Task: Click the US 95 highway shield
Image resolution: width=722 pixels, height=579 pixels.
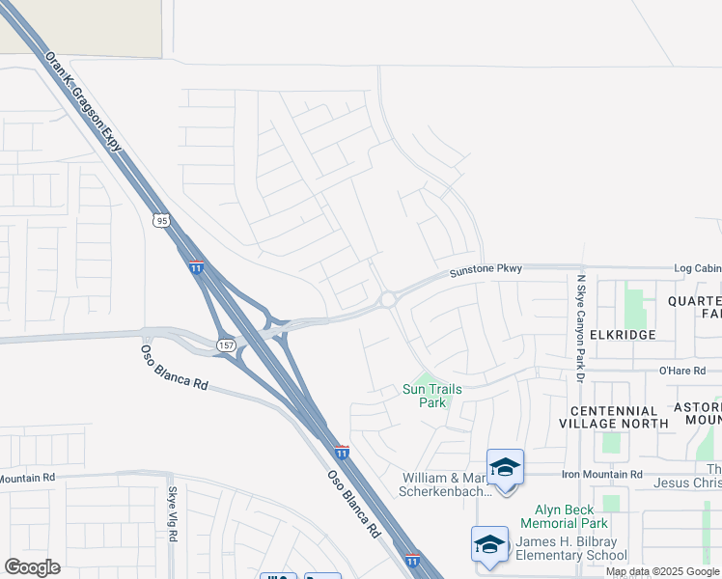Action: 161,221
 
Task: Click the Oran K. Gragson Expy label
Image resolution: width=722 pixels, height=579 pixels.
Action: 86,100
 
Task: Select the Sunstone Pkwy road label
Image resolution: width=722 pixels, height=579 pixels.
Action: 486,272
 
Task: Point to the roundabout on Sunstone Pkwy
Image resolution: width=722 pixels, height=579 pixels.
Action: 388,300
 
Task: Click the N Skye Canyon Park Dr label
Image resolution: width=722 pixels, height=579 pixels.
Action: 581,328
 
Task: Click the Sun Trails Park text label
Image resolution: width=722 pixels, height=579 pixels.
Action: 431,396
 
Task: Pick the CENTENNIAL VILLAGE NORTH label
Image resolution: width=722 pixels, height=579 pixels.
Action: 613,417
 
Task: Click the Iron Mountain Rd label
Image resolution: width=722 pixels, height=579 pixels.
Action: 608,475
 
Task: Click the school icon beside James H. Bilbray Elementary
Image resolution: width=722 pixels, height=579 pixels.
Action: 489,543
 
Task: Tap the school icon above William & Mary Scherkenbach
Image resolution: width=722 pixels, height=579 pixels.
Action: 505,467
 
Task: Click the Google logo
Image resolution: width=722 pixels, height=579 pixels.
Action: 32,567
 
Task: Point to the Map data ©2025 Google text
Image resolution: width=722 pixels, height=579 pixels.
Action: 662,571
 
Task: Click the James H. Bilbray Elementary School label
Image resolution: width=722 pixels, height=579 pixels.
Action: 570,548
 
